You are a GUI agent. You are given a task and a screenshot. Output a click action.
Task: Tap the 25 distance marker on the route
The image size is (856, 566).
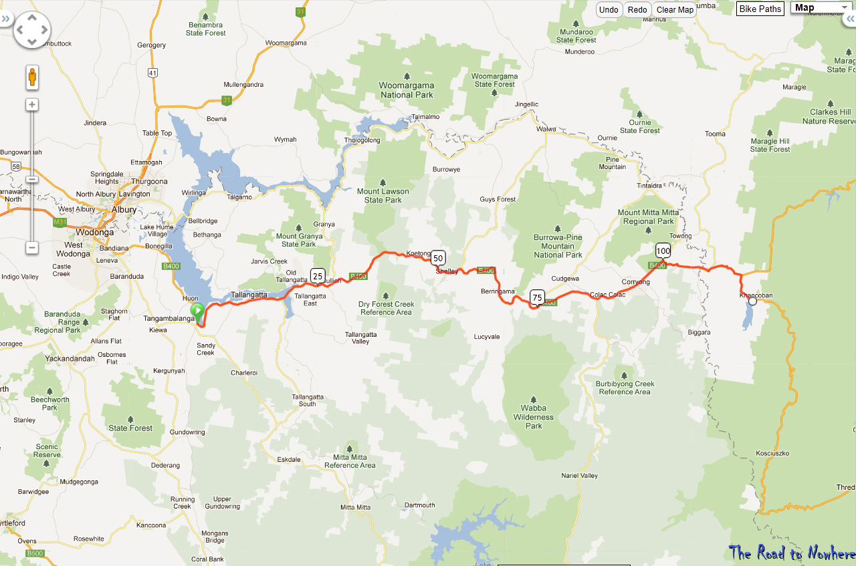click(x=318, y=275)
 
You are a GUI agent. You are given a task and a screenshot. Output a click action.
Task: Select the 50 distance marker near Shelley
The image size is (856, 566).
click(x=438, y=258)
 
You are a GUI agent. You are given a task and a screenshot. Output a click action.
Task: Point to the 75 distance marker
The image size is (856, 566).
click(x=537, y=297)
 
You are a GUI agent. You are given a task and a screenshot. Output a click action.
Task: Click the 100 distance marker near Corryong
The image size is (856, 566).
click(x=663, y=251)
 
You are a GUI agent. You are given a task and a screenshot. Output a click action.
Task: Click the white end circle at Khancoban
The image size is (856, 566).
click(x=752, y=301)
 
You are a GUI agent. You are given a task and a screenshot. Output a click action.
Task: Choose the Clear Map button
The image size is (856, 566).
click(x=675, y=9)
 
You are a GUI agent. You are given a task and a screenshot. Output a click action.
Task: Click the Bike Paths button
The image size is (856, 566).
click(x=760, y=9)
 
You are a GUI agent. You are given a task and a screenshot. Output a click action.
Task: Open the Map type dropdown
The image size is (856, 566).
click(x=821, y=8)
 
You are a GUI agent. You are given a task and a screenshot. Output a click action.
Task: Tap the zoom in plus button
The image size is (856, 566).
click(x=31, y=104)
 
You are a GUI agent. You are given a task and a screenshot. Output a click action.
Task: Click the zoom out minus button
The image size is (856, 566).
click(x=31, y=247)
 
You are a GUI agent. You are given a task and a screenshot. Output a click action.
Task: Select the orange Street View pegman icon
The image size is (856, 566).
click(x=32, y=78)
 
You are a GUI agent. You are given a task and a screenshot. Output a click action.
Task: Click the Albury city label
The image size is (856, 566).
click(x=124, y=210)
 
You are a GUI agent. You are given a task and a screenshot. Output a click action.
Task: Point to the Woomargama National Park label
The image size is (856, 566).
click(x=407, y=90)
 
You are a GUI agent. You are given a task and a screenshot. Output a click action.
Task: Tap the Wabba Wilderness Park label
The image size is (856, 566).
click(x=534, y=417)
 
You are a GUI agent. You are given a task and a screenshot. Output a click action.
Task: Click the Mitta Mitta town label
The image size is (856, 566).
click(x=355, y=507)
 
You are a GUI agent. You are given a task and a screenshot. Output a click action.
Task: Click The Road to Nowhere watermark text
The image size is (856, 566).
click(x=792, y=553)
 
